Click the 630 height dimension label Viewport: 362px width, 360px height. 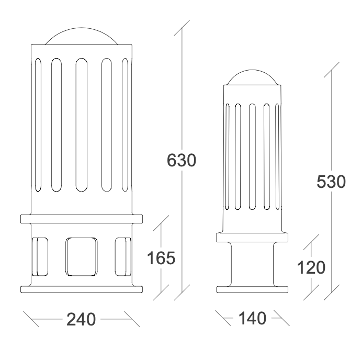(x=182, y=160)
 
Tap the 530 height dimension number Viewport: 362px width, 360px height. (x=331, y=182)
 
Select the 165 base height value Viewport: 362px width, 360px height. (x=161, y=258)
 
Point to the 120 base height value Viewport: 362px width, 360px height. (x=311, y=267)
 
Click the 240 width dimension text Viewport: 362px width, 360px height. (x=81, y=319)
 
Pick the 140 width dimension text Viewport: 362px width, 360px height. (x=252, y=318)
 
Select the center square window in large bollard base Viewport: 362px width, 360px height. (x=82, y=257)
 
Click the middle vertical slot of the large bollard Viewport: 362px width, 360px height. (x=82, y=125)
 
